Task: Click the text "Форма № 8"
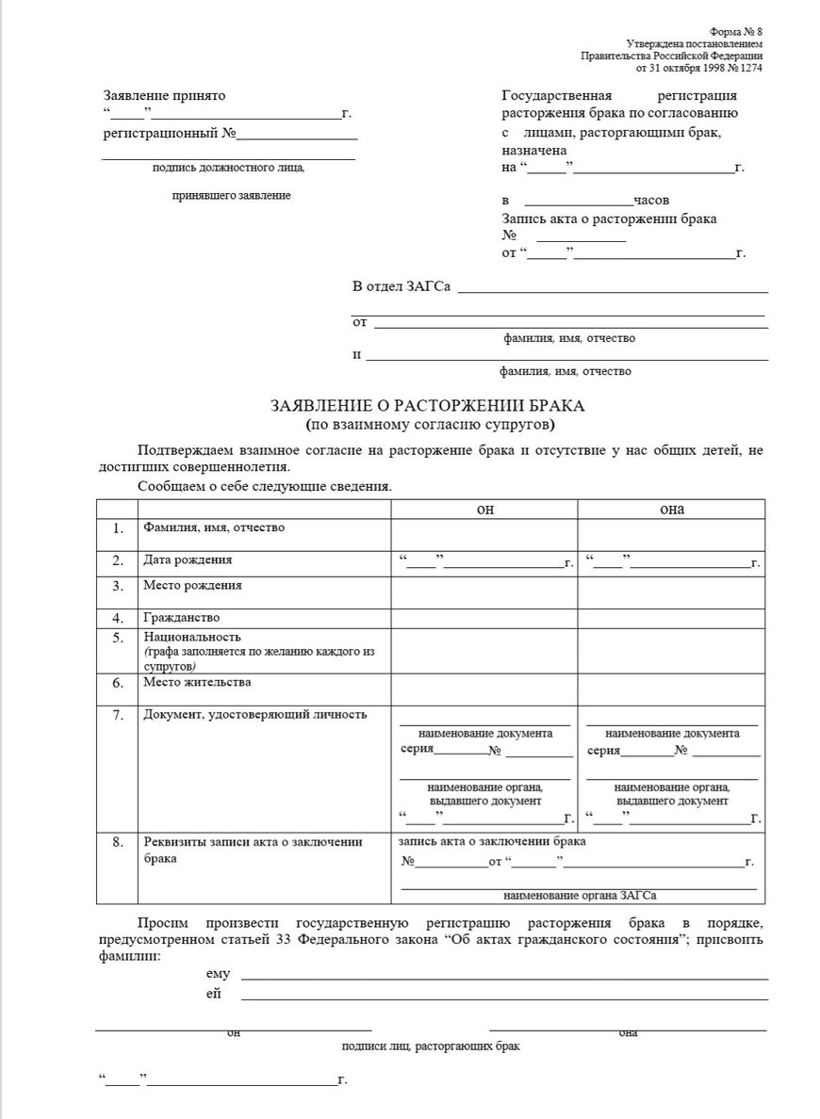[737, 32]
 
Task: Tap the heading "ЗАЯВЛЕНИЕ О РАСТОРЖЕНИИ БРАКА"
[428, 406]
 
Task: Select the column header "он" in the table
[484, 509]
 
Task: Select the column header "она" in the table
[671, 509]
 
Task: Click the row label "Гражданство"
[182, 618]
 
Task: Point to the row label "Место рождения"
[192, 585]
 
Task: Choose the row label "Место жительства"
[197, 682]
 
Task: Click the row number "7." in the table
[118, 715]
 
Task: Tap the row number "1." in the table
[118, 528]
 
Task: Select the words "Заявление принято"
[165, 95]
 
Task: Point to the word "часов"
[651, 201]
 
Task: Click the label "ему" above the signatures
[218, 974]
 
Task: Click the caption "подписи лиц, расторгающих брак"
[430, 1046]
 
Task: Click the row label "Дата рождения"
[188, 559]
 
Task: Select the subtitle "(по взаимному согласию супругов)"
[428, 424]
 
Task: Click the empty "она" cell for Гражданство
[671, 618]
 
